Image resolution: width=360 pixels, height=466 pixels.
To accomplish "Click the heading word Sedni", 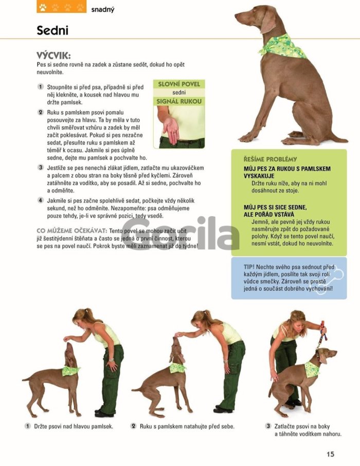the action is (52, 30).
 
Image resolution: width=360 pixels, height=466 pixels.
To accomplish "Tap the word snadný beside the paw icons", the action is (102, 9).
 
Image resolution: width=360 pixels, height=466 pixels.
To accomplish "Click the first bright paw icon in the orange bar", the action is (43, 7).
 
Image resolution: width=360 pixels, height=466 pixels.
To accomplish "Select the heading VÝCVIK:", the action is (53, 56).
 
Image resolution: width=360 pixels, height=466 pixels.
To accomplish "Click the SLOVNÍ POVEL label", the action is (179, 84).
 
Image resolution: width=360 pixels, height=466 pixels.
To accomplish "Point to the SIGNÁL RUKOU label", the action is (179, 101).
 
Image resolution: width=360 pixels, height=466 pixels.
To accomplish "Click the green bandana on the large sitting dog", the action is (282, 46).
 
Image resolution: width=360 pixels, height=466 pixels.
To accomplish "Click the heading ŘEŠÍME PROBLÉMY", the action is (270, 159).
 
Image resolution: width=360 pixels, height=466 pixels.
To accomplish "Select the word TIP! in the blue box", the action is (249, 267).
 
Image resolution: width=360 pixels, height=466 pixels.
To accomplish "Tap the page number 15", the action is (330, 454).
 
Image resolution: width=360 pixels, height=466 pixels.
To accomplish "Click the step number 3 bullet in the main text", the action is (41, 167).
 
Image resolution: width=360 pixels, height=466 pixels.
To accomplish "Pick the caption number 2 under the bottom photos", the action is (134, 426).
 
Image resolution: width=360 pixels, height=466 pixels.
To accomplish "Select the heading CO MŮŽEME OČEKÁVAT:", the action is (72, 231).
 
